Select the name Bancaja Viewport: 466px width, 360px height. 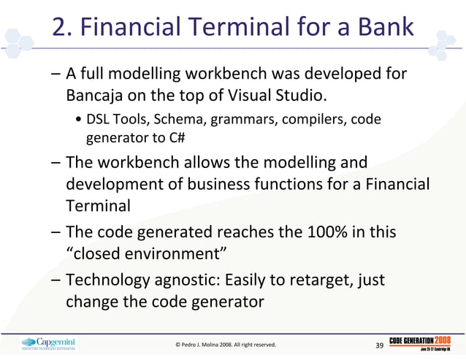pyautogui.click(x=96, y=96)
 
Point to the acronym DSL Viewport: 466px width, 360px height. pyautogui.click(x=99, y=119)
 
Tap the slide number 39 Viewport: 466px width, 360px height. pyautogui.click(x=379, y=345)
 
